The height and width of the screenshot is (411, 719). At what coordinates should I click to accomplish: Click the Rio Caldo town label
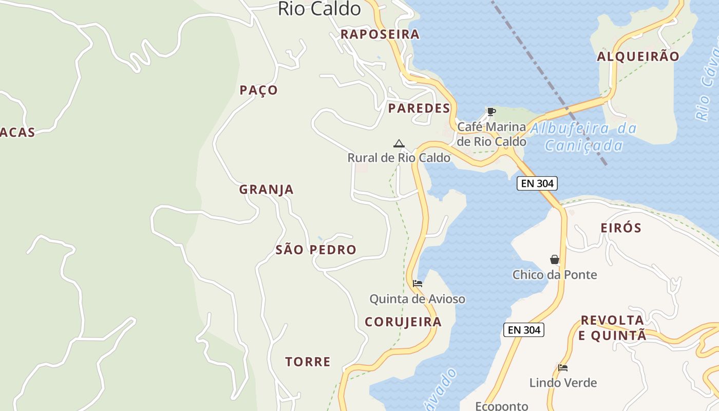tap(319, 9)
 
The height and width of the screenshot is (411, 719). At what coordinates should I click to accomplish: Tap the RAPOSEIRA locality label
tap(380, 34)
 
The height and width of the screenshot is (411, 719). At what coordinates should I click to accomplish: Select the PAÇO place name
tap(259, 90)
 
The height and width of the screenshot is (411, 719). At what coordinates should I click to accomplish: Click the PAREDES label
tap(419, 108)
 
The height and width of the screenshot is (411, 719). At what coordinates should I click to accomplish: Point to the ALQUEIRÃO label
tap(638, 57)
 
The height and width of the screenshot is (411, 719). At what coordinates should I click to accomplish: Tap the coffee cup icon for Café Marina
tap(491, 111)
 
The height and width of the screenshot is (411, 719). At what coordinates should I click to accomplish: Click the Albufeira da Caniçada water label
tap(583, 137)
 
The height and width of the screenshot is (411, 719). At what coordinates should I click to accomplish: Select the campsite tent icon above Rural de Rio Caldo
tap(399, 143)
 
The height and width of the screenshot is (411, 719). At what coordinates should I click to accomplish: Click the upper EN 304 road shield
tap(537, 183)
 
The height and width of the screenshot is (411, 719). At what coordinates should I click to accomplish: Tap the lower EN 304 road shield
tap(523, 330)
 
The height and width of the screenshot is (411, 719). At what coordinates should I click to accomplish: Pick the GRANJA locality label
tap(267, 190)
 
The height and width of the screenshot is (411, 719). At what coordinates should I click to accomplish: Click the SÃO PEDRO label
tap(316, 250)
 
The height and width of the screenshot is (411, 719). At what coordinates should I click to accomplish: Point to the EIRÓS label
tap(621, 228)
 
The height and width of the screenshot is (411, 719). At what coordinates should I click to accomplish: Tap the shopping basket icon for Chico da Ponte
tap(555, 259)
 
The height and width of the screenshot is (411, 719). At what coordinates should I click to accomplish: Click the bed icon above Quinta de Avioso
tap(418, 284)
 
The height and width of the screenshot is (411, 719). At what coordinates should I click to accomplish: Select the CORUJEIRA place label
tap(403, 322)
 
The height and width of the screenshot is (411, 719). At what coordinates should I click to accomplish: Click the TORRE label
tap(308, 362)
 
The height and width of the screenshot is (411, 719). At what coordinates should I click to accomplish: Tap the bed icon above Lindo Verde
tap(563, 368)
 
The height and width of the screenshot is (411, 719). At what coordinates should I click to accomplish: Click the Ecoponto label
tap(501, 406)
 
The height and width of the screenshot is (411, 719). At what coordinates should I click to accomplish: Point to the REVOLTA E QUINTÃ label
tap(612, 328)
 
